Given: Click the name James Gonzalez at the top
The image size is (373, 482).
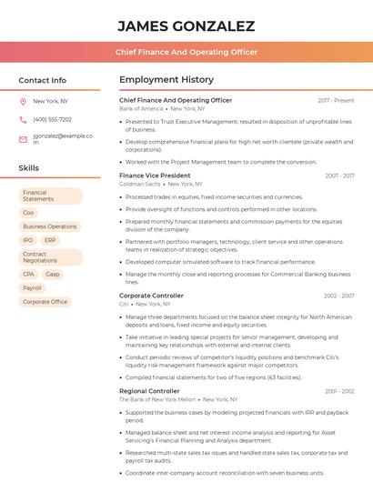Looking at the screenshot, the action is pos(186,25).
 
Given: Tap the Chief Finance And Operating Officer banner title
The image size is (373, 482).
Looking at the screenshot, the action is pos(186,53).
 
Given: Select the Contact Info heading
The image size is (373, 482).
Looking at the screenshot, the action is pos(43,80).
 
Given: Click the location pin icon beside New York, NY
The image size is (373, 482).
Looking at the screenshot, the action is pos(23,102).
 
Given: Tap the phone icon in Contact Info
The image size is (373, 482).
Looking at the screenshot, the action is pos(23,119).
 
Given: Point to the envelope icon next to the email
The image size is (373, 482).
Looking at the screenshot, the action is pos(23,138).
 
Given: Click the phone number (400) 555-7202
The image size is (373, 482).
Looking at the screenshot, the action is pos(52,119).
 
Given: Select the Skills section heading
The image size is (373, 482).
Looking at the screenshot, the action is pos(29,168).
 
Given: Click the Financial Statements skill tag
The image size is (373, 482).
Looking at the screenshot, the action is pos(50,196).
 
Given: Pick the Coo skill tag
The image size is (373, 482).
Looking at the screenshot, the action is pos(28,212).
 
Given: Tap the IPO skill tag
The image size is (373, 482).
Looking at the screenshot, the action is pos(28,240).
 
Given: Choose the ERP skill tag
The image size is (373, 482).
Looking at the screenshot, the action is pos(49,240).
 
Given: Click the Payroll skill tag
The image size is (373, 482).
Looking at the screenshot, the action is pos(32,287).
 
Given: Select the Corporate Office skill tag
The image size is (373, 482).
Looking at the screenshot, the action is pos(45,302).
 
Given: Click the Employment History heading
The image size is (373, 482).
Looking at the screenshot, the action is pos(166,80).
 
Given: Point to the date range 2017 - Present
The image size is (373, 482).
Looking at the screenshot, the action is pos(336,100).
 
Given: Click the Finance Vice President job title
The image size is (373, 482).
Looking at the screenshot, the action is pos(155,175).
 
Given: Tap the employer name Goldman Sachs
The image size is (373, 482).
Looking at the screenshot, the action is pos(139,184).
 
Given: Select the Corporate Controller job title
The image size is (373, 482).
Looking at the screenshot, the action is pos(151,296).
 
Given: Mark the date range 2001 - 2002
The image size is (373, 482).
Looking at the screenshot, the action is pos(338,391).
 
